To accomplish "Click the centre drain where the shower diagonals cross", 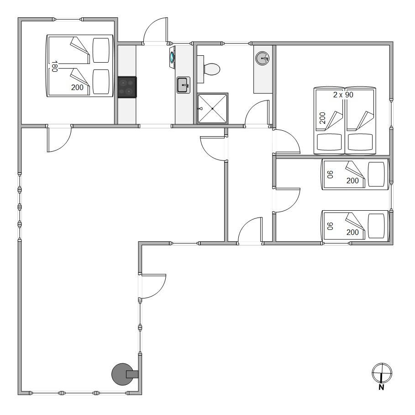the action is point(212,109).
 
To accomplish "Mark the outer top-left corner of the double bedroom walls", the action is point(18,18).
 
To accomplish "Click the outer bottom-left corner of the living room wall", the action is point(18,394).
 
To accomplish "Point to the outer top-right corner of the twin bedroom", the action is point(393,42).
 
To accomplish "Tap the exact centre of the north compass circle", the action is point(382,373).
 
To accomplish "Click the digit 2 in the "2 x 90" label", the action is point(335,95).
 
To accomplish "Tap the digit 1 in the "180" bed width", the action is point(54,63).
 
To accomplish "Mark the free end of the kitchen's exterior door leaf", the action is point(167,18).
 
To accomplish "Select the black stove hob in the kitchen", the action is point(127,87).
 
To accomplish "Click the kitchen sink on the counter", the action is point(184,85).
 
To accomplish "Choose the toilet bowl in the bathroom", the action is point(212,69).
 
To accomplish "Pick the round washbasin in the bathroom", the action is point(263,58).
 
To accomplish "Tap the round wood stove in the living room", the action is point(122,374).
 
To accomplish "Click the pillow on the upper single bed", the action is point(376,175).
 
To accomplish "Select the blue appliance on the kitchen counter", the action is point(172,57).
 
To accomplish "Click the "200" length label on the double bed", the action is point(77,87).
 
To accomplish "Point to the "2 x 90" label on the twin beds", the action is point(343,95).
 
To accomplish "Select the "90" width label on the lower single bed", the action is point(330,226).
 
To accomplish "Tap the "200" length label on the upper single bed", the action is point(352,181).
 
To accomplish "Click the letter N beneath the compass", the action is point(381,387).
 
